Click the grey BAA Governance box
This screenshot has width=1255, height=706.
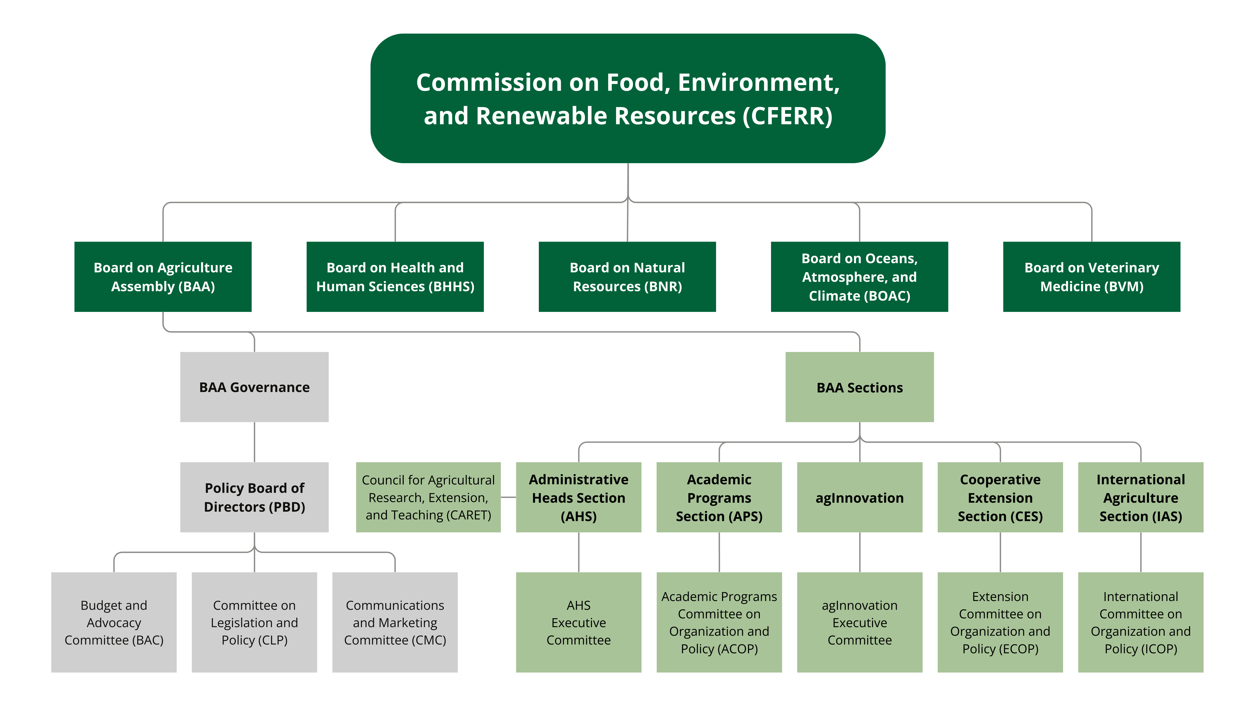(254, 387)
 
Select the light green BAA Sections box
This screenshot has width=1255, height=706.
(859, 387)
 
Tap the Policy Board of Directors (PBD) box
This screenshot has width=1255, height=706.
(254, 497)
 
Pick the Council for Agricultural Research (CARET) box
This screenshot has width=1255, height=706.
(428, 497)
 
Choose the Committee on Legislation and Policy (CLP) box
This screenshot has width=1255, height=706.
(254, 622)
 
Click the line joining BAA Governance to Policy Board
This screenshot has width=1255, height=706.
(254, 442)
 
